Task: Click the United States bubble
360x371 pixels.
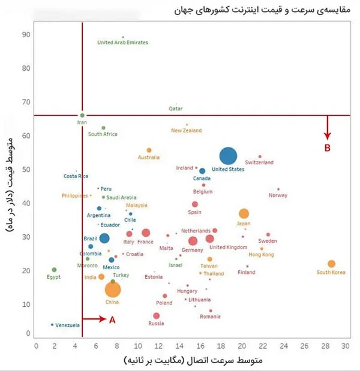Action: (x=228, y=156)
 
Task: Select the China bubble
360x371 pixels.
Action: (x=113, y=290)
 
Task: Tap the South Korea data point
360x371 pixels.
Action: (x=331, y=264)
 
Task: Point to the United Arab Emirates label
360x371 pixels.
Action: (x=122, y=43)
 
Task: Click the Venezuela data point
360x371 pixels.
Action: (x=52, y=325)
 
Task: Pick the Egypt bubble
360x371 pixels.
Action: (x=54, y=270)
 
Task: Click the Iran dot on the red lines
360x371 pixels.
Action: (x=82, y=115)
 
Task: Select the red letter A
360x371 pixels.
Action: (x=112, y=320)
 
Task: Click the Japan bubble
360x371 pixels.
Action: (x=244, y=213)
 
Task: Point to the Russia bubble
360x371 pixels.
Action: (x=157, y=316)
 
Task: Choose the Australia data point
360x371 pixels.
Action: (x=149, y=150)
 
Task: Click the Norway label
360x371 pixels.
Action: (x=278, y=195)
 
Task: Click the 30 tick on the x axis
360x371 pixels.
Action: (x=345, y=346)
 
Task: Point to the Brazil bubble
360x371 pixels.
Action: (x=104, y=239)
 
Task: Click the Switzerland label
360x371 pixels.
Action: (x=259, y=163)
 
